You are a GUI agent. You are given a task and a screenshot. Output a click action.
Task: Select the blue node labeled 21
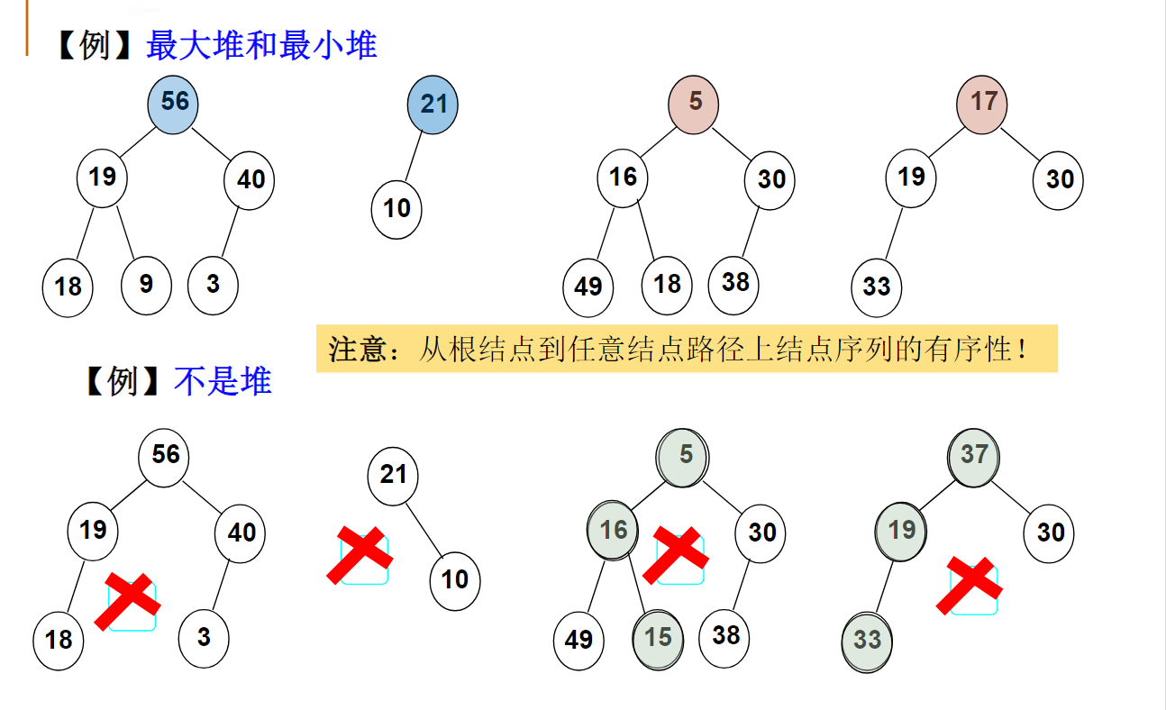pos(433,104)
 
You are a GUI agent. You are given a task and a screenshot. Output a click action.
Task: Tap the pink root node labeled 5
pos(694,102)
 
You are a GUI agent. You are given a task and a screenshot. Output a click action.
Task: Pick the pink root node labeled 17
pos(982,101)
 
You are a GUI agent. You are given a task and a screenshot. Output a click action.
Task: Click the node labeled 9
pos(146,285)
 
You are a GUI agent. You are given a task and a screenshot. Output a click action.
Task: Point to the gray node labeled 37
pos(973,455)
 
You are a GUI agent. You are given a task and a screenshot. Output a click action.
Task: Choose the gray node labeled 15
pos(658,638)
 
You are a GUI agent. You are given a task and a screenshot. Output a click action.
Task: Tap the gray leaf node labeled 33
pos(867,640)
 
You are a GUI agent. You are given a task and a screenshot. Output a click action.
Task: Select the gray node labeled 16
pos(613,530)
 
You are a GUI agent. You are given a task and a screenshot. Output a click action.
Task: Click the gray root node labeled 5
pos(684,455)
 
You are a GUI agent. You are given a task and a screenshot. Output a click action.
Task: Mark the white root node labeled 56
pos(164,455)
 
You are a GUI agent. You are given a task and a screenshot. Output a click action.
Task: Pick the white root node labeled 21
pos(393,475)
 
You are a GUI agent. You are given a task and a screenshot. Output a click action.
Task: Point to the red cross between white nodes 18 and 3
pos(131,601)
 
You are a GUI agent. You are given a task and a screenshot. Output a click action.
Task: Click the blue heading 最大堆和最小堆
pos(261,45)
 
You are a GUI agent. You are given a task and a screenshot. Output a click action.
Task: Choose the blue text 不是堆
pos(223,382)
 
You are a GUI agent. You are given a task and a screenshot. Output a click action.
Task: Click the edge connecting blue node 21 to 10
pos(414,157)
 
